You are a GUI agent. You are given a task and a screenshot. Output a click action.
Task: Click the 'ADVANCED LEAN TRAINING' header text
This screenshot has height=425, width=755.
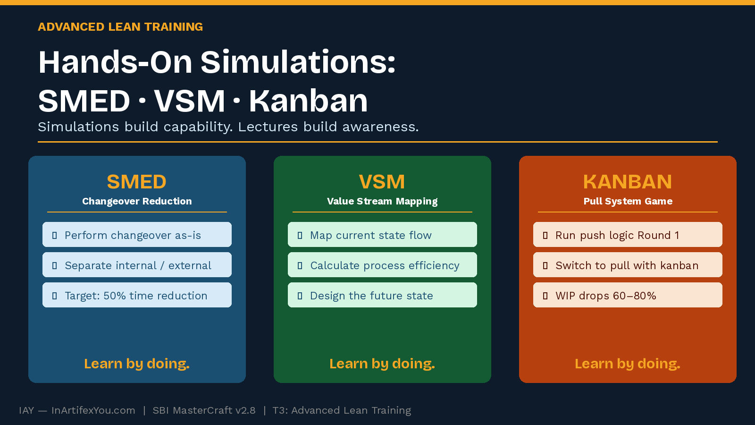pos(120,27)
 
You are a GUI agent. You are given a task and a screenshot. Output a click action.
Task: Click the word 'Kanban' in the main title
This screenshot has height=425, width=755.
pos(308,101)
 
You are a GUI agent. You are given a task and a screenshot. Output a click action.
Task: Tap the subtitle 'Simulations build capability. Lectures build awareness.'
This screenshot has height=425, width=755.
pos(228,127)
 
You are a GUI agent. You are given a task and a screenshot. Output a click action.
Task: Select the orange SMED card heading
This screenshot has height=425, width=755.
pos(137,182)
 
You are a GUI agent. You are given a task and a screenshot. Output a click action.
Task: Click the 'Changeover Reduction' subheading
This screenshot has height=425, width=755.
pos(137,201)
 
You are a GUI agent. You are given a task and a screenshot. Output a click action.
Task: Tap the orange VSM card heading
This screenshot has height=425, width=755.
pos(382,182)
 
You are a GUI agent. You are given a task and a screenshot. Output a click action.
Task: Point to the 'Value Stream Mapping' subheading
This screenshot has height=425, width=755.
pos(382,201)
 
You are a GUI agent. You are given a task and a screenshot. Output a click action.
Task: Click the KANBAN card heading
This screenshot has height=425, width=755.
pos(628,182)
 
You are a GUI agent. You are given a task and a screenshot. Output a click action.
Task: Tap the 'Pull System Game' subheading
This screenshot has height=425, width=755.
pos(628,201)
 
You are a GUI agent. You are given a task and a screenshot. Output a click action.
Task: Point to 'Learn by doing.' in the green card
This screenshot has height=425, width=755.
pos(382,364)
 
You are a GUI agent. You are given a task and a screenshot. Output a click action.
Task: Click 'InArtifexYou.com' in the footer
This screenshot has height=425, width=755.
pos(93,410)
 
